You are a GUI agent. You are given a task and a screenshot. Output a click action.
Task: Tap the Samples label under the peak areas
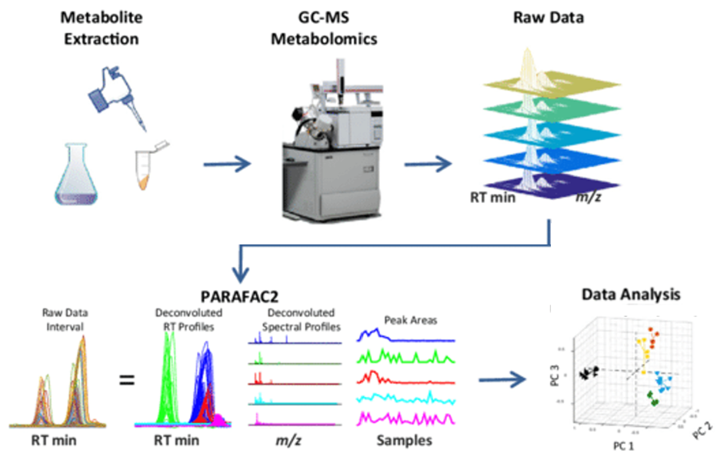click(403, 441)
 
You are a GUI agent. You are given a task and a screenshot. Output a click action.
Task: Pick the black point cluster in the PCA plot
click(589, 373)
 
